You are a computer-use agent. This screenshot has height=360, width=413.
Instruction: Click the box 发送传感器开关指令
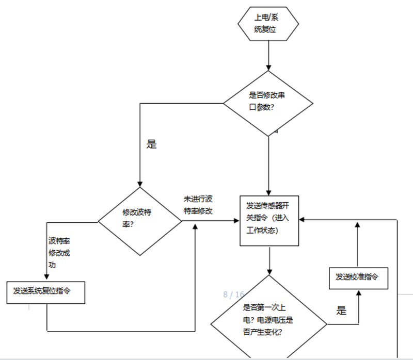(x=269, y=220)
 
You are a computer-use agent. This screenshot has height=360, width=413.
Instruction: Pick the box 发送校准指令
(x=358, y=277)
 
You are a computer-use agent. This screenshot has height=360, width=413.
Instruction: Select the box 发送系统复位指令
(x=46, y=292)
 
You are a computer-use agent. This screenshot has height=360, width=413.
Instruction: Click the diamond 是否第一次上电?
(x=269, y=319)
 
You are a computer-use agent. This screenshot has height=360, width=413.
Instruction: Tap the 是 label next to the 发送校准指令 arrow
(x=342, y=310)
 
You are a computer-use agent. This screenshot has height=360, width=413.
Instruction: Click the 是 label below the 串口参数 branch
(x=151, y=145)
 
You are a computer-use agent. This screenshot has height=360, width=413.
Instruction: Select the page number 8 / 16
(x=234, y=294)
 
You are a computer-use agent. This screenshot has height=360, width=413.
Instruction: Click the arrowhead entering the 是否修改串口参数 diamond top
(x=268, y=68)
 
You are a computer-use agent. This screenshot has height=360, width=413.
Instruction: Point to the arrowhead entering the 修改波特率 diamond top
(x=140, y=184)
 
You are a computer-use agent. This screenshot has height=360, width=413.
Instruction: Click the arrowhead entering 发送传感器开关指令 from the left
(x=237, y=220)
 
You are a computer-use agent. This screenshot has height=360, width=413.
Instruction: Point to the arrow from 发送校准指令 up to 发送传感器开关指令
(x=358, y=248)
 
